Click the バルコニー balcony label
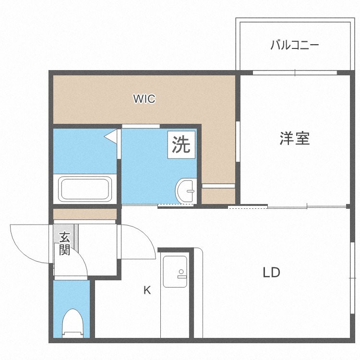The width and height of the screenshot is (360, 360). coord(294,46)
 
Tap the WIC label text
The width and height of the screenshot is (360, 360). coord(144,99)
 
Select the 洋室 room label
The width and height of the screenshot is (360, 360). coord(294,139)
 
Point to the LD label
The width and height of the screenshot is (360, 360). coord(271,273)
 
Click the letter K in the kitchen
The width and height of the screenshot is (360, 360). coord(147,290)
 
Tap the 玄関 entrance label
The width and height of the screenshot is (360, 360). coord(65,244)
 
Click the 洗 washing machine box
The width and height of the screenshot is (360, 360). coord(181,144)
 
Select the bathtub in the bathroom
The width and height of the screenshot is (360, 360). coord(85,189)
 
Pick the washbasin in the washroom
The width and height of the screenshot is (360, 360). coord(186,191)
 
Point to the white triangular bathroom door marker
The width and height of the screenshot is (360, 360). coord(112,136)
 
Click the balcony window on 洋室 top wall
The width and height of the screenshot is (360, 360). coord(295,73)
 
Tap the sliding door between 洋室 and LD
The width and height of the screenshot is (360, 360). coord(288,207)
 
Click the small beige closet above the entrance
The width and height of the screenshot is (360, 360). coord(85,214)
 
